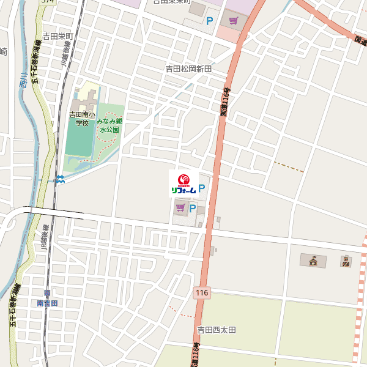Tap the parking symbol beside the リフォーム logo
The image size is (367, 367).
[202, 190]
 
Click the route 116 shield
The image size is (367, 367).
[202, 294]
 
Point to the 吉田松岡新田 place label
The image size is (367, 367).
[188, 69]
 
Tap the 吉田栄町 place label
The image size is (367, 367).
[57, 37]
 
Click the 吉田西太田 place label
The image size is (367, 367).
[216, 330]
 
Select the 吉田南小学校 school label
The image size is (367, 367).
[82, 118]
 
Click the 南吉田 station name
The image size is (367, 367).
[47, 303]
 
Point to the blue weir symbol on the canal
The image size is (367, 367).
[59, 179]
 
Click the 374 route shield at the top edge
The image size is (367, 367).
[48, 2]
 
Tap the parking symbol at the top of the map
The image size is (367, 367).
[209, 21]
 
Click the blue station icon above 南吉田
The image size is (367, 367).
[47, 294]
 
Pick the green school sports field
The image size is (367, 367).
[78, 141]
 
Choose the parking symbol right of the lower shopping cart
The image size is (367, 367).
[193, 209]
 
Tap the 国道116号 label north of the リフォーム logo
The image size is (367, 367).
[226, 101]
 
